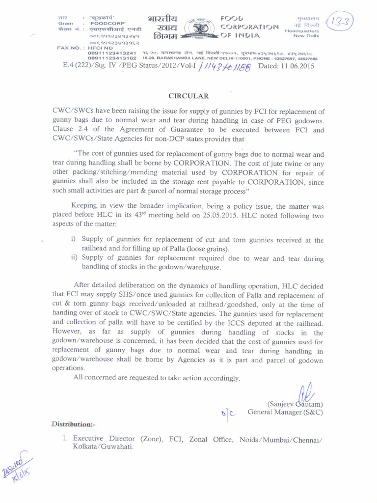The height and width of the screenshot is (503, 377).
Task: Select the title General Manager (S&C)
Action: [285, 412]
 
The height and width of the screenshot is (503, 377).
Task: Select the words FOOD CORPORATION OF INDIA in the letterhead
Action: [249, 27]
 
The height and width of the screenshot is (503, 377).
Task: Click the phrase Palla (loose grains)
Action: [198, 249]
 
